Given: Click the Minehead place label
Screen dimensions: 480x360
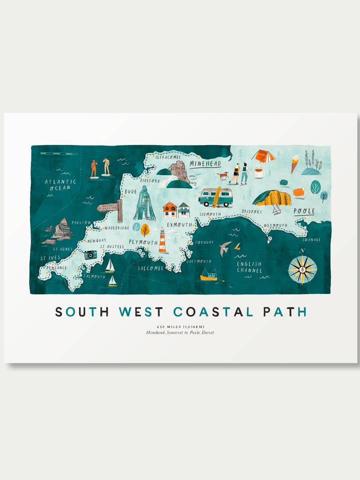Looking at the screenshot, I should tap(205, 163).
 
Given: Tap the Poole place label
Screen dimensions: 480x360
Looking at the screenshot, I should tap(304, 211).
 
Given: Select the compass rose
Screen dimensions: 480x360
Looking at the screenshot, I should tap(302, 269).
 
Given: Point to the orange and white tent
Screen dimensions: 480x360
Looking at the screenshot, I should tap(263, 156).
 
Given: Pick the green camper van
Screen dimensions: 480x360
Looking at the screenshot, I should tap(215, 197).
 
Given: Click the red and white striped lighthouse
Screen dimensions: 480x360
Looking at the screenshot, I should tap(162, 240).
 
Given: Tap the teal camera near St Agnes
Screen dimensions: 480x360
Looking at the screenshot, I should tap(90, 254).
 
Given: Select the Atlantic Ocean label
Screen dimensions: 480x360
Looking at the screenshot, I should tap(60, 184).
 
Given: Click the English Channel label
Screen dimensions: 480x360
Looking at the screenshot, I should tap(249, 267).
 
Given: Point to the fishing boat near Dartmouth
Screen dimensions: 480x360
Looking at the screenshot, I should tap(209, 274).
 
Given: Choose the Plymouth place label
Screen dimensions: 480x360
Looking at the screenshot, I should tap(144, 242).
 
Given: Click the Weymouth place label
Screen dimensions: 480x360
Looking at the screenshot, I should tap(275, 225).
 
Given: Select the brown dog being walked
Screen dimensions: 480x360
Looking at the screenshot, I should tap(222, 175).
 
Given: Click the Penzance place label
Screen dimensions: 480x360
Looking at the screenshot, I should tap(56, 268).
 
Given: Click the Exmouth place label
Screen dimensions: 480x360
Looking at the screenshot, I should tap(179, 225).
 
